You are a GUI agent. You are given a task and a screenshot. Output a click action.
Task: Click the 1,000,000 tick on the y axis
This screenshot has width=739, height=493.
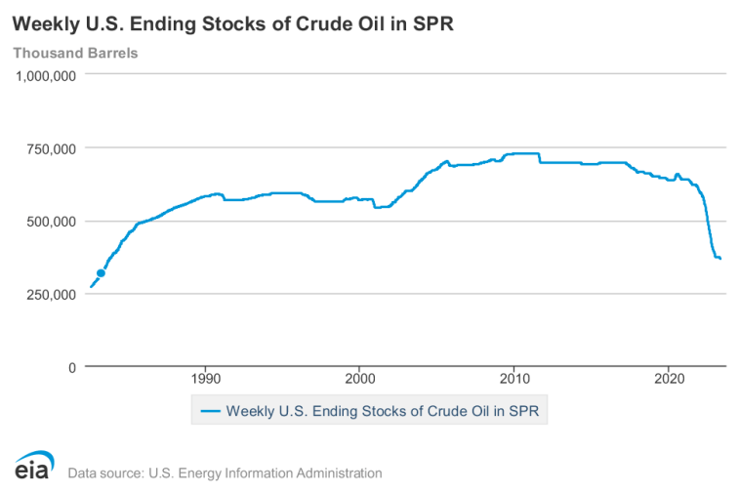44,76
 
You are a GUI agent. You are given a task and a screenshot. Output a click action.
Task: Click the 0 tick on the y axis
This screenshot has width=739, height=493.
71,367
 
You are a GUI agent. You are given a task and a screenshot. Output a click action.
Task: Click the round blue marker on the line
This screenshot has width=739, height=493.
101,273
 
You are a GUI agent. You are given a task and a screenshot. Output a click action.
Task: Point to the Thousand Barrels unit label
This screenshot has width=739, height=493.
75,53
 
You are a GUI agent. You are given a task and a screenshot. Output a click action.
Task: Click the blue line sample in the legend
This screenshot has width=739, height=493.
211,411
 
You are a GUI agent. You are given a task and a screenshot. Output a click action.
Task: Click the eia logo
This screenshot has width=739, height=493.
33,468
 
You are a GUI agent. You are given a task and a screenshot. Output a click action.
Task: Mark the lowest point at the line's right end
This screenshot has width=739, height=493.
719,259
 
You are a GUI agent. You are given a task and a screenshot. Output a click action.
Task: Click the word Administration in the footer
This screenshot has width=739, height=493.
336,473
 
